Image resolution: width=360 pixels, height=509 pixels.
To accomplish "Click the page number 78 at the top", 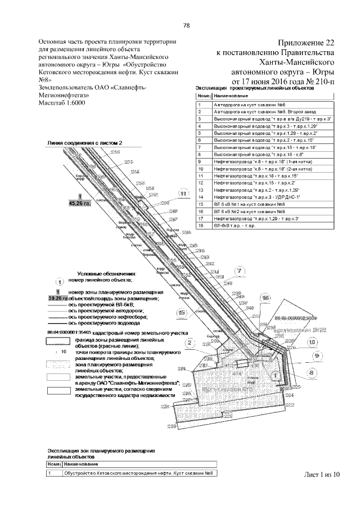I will [186, 25].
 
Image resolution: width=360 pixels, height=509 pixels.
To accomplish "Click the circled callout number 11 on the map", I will [183, 194].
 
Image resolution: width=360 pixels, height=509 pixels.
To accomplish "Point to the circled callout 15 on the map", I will [181, 312].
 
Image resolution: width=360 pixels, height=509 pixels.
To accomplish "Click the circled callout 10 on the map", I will [312, 342].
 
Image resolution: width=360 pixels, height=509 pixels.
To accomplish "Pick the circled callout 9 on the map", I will [317, 355].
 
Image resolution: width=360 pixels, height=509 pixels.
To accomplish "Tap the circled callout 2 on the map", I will [190, 343].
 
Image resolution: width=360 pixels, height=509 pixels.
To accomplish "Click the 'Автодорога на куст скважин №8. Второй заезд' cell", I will [251, 112].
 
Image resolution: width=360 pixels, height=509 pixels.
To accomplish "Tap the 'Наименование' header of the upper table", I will [226, 97].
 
